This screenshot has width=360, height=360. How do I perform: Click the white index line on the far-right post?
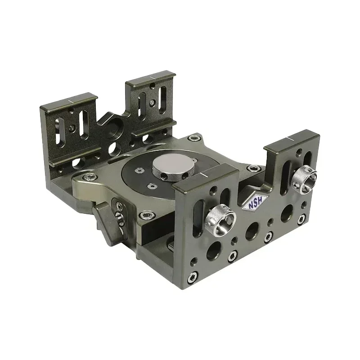click(287, 137)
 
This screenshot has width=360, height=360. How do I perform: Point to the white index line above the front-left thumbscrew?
click(205, 173)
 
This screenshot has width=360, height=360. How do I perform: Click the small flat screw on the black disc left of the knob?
click(139, 170)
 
